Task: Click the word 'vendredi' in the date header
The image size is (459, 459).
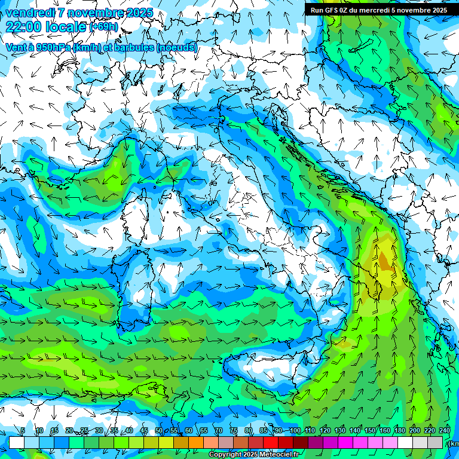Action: (x=28, y=13)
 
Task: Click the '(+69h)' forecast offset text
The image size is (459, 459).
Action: (x=104, y=27)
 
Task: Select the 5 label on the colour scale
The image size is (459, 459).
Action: (x=23, y=431)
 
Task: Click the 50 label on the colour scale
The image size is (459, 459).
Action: (x=158, y=431)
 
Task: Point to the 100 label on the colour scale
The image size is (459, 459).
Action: (x=295, y=431)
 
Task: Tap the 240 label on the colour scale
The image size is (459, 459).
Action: (x=445, y=431)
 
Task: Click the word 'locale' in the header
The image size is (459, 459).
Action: (x=69, y=26)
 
